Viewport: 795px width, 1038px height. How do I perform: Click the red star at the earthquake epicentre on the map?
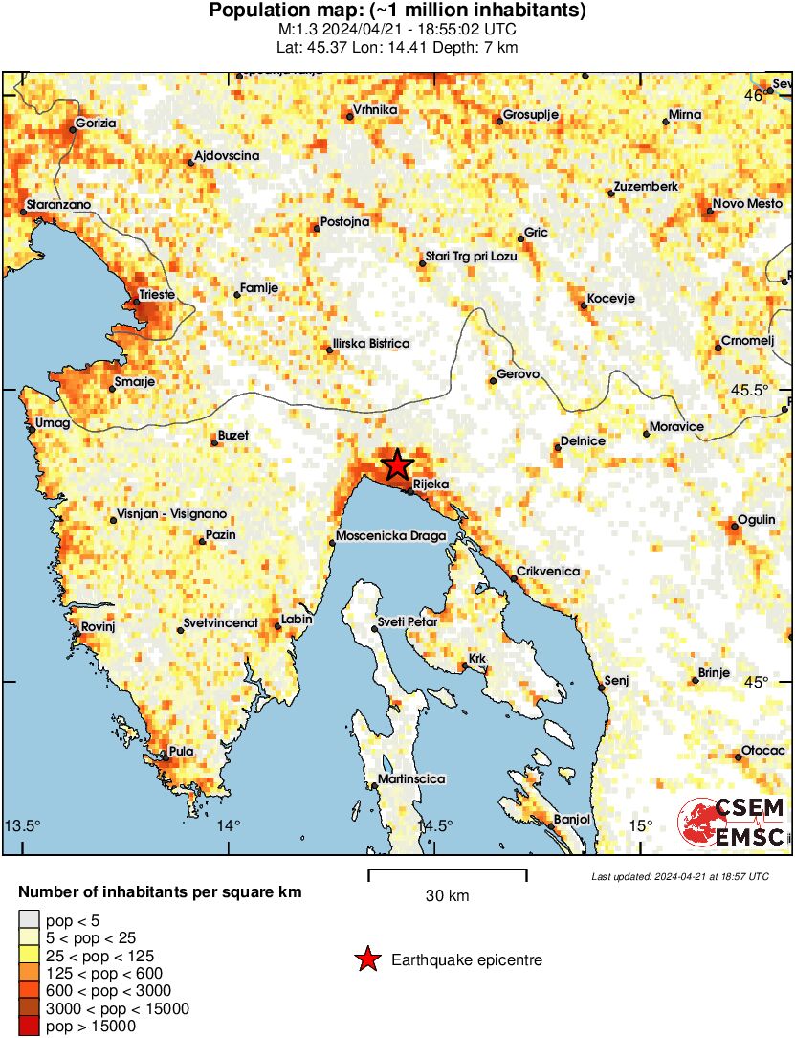pos(397,465)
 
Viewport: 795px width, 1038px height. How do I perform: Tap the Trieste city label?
pos(157,295)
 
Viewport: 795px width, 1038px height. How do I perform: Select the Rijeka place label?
pos(431,485)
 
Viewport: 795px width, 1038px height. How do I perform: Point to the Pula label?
pos(181,751)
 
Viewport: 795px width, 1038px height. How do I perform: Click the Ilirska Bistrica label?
pos(371,343)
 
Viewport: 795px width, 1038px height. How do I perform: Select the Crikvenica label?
pos(548,572)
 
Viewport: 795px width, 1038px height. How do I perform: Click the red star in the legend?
pos(366,959)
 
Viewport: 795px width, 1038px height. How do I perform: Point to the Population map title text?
pos(397,11)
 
